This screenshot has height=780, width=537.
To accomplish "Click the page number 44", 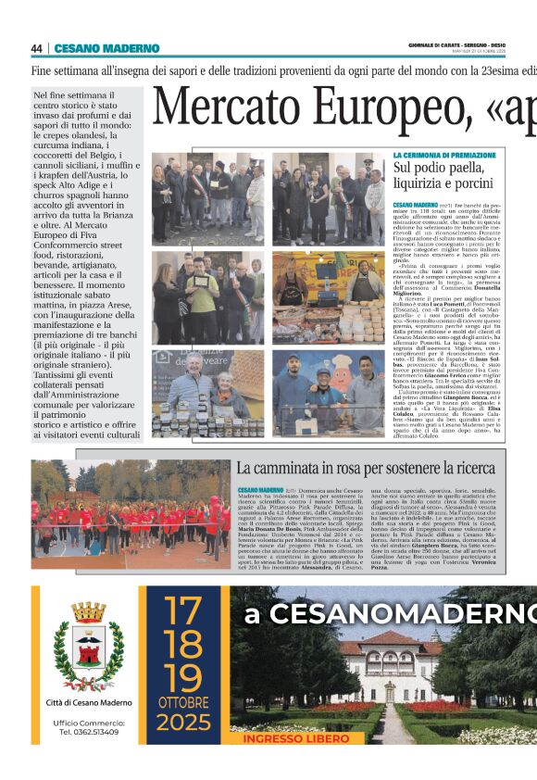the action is [x=37, y=49].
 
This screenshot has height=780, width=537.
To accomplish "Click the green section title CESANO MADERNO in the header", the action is [x=106, y=49].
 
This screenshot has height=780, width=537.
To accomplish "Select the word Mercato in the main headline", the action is [x=221, y=108].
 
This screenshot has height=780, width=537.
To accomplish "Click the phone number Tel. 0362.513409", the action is [x=89, y=732].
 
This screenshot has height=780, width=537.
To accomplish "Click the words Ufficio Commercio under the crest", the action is [x=89, y=722].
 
